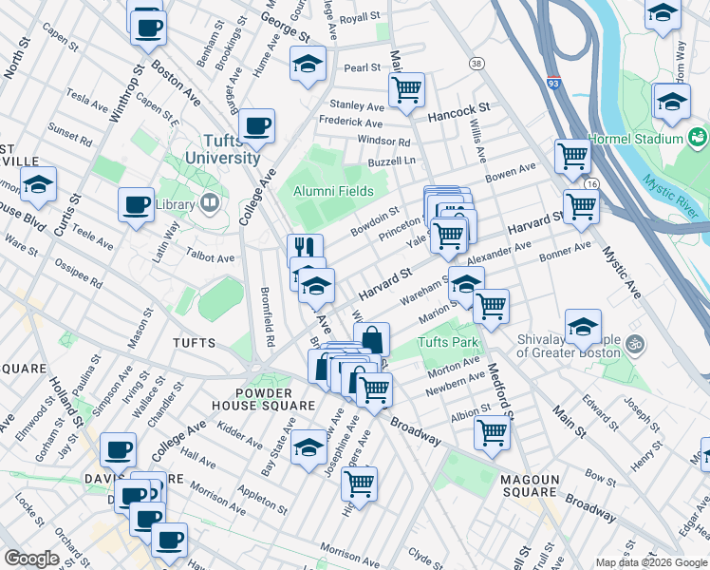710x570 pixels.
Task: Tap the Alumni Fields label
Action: pyautogui.click(x=332, y=191)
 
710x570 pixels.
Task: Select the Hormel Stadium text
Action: pyautogui.click(x=638, y=139)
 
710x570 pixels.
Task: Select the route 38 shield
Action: pyautogui.click(x=476, y=64)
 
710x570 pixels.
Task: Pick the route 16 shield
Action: pyautogui.click(x=591, y=183)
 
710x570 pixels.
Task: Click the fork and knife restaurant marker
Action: pyautogui.click(x=305, y=249)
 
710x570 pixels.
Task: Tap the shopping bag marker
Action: pyautogui.click(x=372, y=339)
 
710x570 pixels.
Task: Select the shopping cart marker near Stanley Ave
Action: pyautogui.click(x=406, y=90)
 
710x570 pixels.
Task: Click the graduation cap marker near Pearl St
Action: pyautogui.click(x=308, y=65)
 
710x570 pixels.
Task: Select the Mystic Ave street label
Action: pyautogui.click(x=623, y=275)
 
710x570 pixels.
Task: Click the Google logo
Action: pyautogui.click(x=31, y=558)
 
